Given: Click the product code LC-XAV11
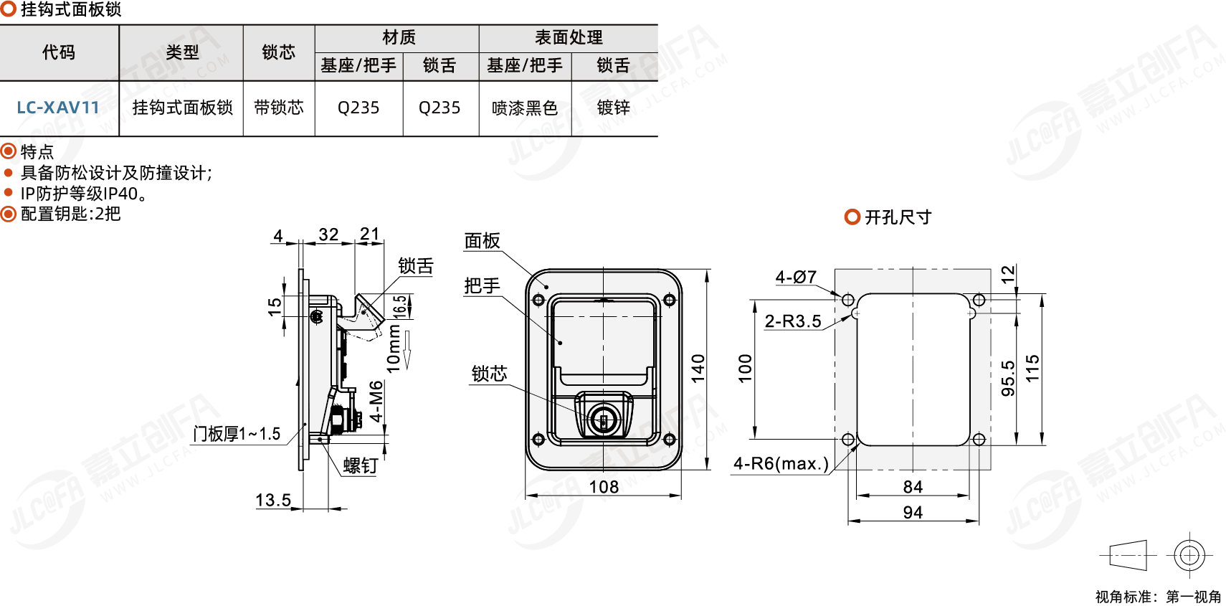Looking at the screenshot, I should click(58, 108).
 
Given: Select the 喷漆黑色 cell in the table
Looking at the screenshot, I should click(525, 108).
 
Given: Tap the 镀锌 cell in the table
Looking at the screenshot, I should click(614, 108).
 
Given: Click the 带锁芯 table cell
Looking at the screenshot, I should click(279, 108).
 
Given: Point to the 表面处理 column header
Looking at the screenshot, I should click(569, 37).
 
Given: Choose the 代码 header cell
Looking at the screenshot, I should click(59, 52).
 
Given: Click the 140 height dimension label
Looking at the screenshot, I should click(698, 368).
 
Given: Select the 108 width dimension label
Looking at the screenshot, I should click(604, 487).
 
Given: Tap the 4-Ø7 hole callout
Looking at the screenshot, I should click(796, 277).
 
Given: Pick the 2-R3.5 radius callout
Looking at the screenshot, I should click(793, 321).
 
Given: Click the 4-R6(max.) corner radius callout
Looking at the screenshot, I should click(781, 464).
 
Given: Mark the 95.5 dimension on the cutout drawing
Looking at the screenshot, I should click(1008, 378).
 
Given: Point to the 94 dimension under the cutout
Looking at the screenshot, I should click(913, 512).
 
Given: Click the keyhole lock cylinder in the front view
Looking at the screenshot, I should click(604, 420).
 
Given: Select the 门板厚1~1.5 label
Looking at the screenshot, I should click(237, 434).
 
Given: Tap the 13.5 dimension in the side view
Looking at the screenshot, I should click(273, 500).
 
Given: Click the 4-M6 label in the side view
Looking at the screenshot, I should click(376, 402).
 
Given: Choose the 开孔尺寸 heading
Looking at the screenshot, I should click(898, 217).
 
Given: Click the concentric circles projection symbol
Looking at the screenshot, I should click(1189, 555).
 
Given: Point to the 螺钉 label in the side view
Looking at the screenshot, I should click(360, 466).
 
